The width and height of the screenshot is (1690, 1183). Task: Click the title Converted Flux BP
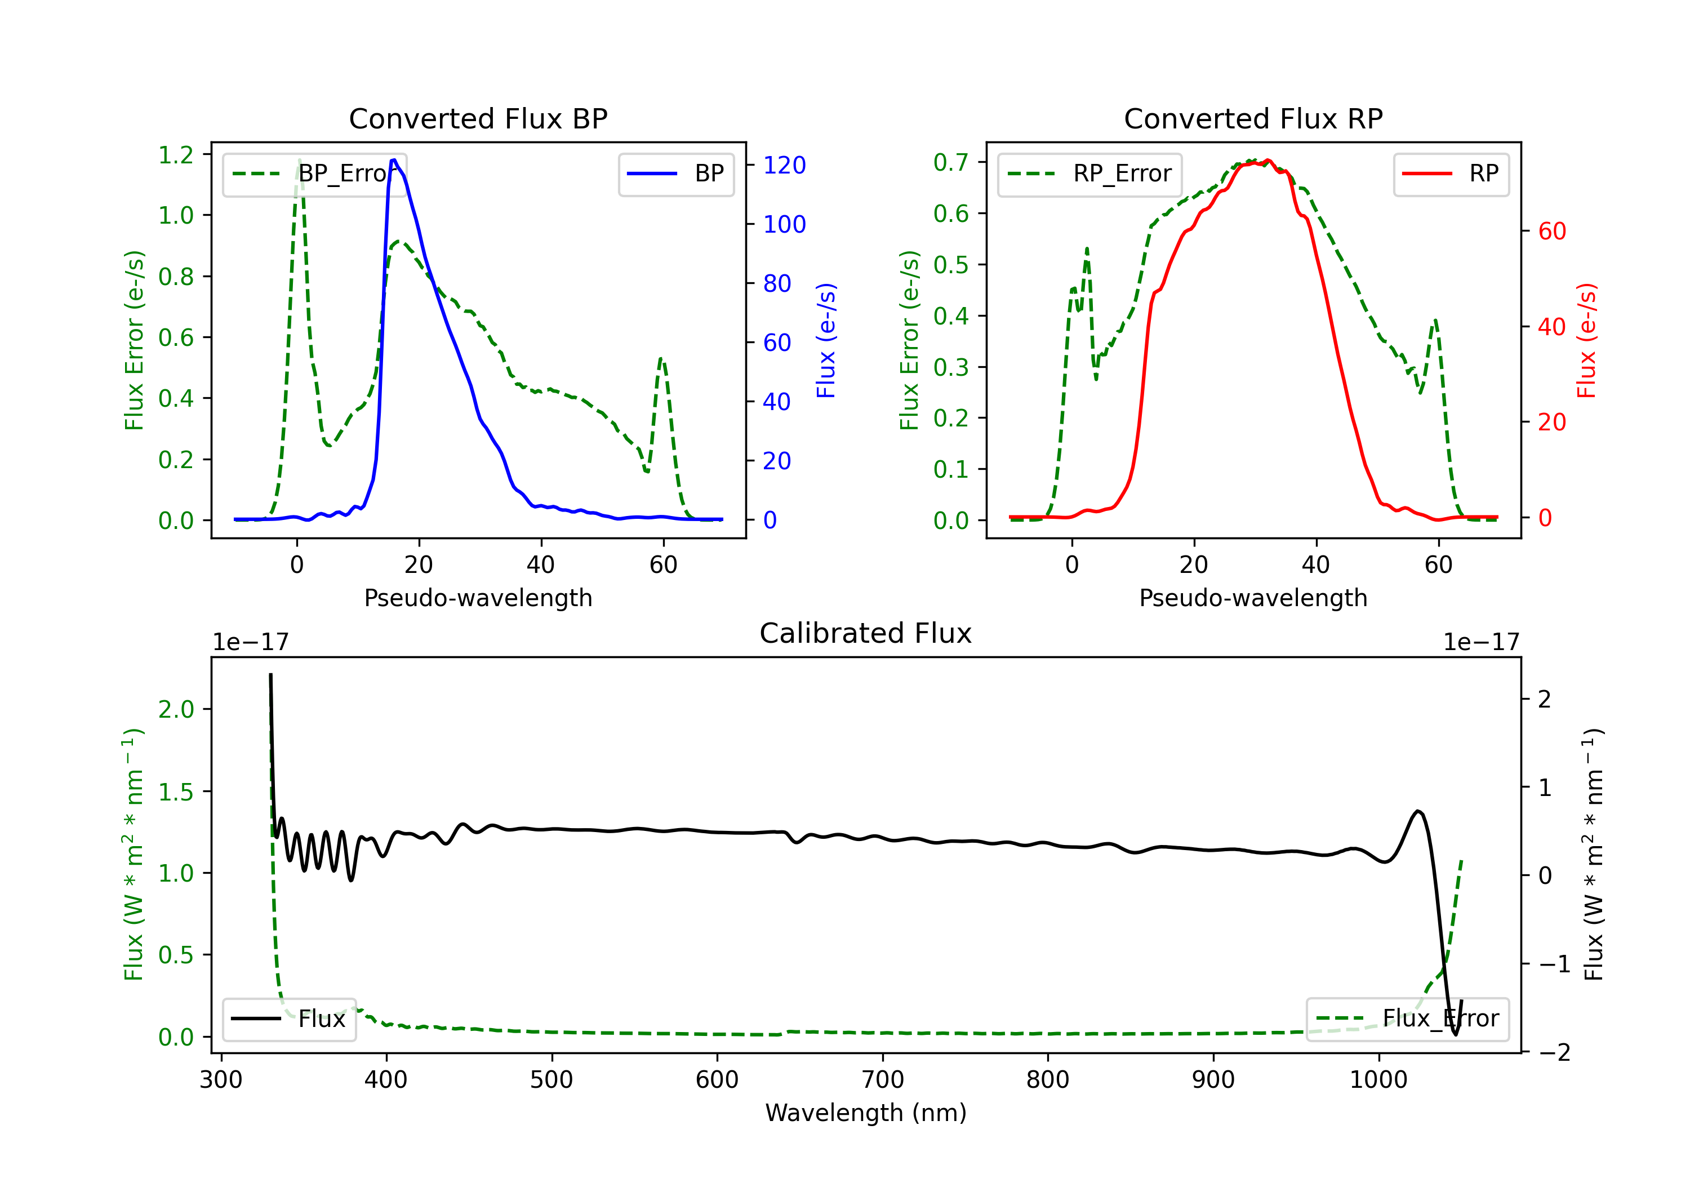coord(478,118)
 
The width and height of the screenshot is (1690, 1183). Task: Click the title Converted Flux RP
coord(1253,118)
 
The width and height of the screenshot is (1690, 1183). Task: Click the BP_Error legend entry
coord(315,174)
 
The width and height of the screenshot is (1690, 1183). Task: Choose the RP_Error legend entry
coord(1090,174)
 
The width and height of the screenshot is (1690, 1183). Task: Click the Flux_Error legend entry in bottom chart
coord(1407,1019)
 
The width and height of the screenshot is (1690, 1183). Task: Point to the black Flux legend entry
coord(290,1019)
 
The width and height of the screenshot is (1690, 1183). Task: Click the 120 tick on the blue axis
coord(784,165)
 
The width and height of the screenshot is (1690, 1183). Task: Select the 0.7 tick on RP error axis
coord(951,162)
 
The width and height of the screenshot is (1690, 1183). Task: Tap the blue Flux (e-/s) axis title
coord(826,340)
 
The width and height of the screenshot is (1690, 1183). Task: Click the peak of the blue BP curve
coord(394,160)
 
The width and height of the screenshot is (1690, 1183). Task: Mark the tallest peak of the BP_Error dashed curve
coord(300,160)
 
